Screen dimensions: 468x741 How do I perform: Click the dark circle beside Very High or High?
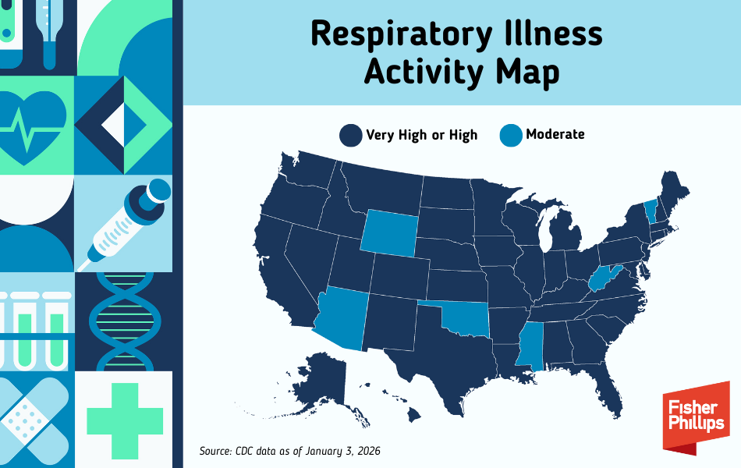click(350, 135)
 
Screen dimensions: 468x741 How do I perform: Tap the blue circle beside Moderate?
click(511, 135)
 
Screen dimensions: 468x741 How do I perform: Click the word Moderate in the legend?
click(555, 134)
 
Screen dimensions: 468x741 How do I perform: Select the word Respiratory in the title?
click(399, 34)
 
